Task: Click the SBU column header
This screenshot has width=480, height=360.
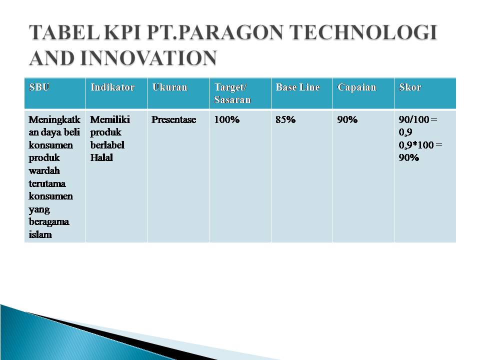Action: coord(39,87)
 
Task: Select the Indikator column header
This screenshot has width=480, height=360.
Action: coord(112,87)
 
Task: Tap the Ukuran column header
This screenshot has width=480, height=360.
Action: coord(170,87)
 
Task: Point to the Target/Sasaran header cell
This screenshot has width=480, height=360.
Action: coord(232,93)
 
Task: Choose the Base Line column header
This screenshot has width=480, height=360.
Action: coord(297,87)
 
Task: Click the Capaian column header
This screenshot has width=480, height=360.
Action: coord(356,87)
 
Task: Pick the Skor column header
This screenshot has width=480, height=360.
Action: coord(410,87)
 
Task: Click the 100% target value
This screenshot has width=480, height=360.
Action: coord(227,120)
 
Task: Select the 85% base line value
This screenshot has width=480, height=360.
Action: coord(286,120)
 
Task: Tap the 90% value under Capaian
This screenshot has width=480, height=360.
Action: coord(347,120)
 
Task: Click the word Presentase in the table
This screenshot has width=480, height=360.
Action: coord(174,120)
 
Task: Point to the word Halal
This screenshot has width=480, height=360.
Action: coord(101,158)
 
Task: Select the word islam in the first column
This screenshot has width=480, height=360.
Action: coord(40,234)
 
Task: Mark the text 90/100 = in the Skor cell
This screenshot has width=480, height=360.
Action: coord(417,120)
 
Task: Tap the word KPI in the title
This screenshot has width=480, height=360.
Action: coord(119,33)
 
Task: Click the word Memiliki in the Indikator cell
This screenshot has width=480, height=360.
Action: coord(110,120)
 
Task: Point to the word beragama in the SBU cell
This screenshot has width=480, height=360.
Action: coord(49,221)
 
